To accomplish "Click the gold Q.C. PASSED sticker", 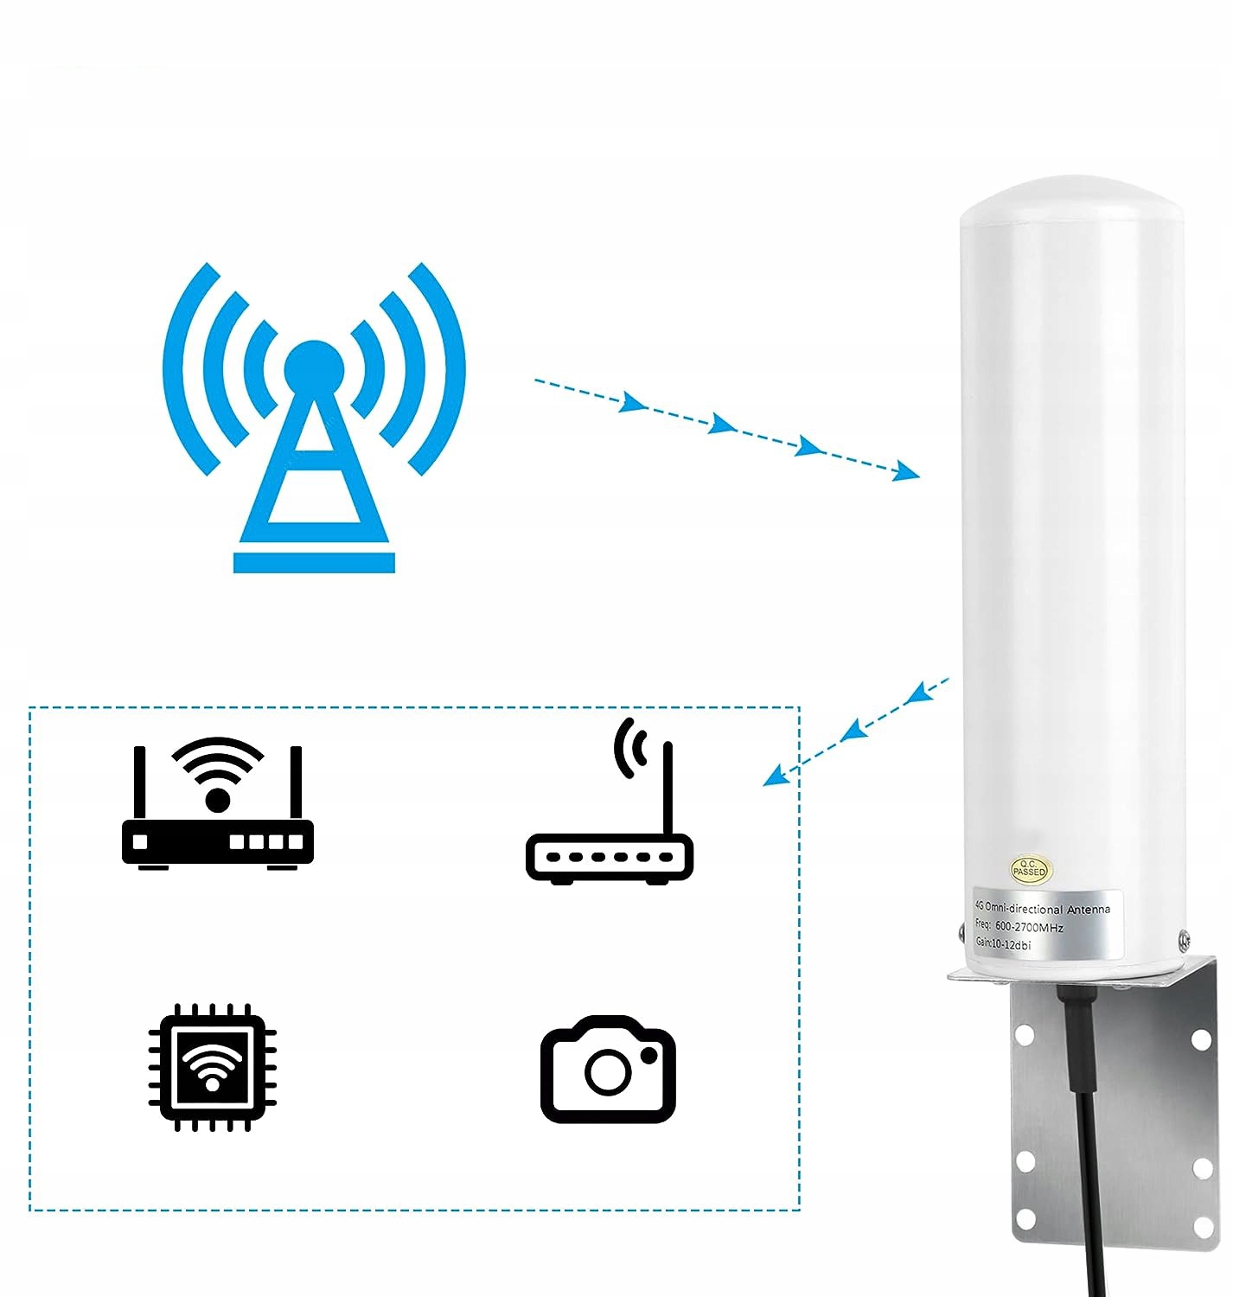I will (x=1029, y=869).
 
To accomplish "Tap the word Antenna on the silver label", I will (x=1089, y=910).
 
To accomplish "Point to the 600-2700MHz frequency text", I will (x=1029, y=927).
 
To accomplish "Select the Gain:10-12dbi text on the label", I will (x=1003, y=944).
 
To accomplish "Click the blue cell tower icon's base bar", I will (x=314, y=562).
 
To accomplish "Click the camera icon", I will (x=608, y=1069).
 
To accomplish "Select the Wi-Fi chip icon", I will (x=213, y=1067).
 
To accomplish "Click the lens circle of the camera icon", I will (x=608, y=1072).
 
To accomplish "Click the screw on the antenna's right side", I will (x=1184, y=939).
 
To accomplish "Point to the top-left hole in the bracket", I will (x=1025, y=1033).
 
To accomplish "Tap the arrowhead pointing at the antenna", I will (x=907, y=471).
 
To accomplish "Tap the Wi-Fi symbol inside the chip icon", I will (x=213, y=1065).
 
